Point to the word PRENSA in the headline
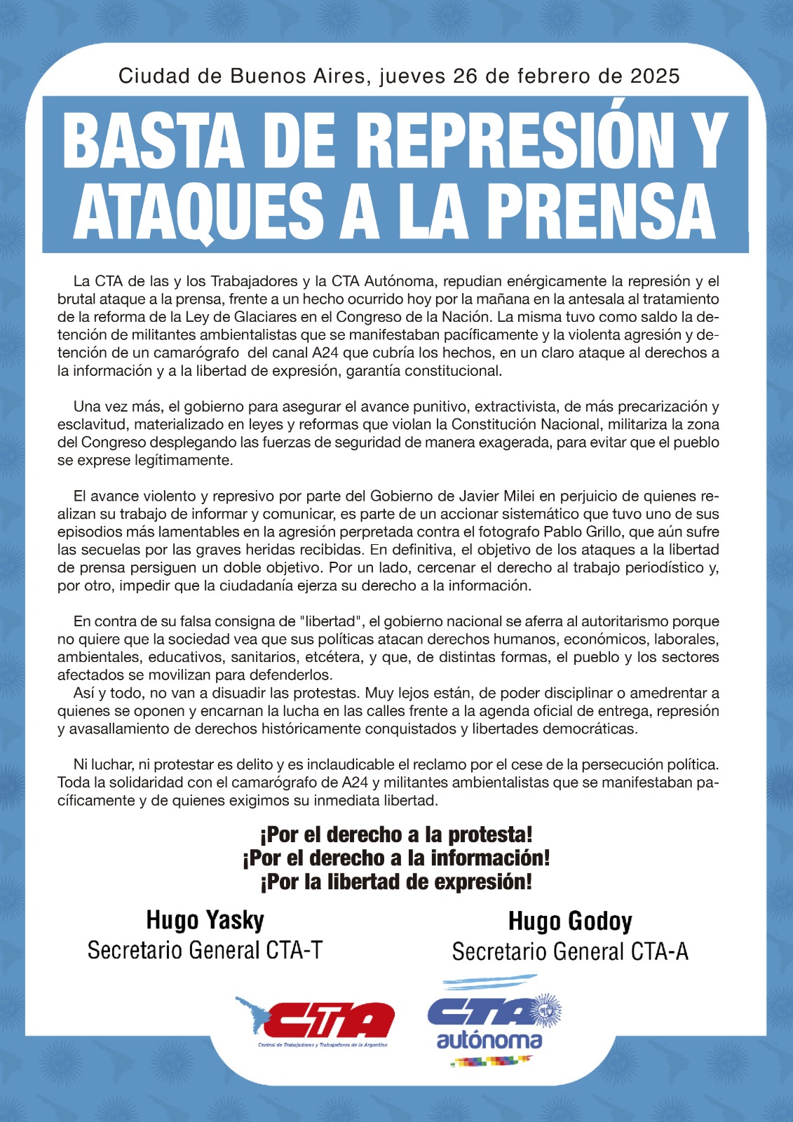click(x=599, y=210)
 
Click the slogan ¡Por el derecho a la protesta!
click(x=396, y=834)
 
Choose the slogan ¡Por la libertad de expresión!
click(x=396, y=881)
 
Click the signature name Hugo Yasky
click(x=205, y=919)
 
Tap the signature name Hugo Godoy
click(x=570, y=921)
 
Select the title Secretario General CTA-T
click(x=205, y=950)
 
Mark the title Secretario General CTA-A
click(x=570, y=952)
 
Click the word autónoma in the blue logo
click(x=489, y=1040)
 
